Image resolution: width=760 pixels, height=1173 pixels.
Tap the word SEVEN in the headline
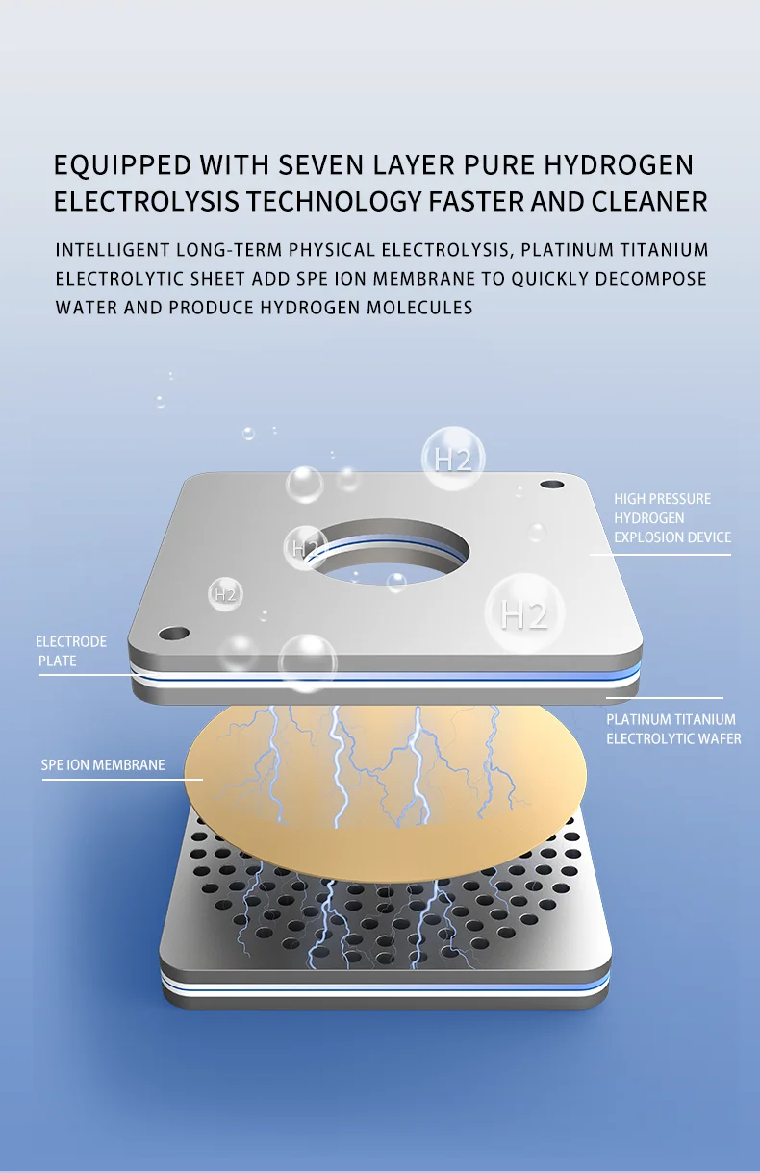point(321,164)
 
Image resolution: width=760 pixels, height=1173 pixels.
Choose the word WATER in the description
point(82,308)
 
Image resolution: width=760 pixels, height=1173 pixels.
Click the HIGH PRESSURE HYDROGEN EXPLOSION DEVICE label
point(671,518)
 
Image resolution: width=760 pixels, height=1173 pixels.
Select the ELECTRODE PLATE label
point(70,651)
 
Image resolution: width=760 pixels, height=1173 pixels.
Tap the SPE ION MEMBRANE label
point(102,765)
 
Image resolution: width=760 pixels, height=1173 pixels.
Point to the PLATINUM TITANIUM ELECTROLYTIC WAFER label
point(672,729)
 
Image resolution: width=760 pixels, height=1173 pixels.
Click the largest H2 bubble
point(524,613)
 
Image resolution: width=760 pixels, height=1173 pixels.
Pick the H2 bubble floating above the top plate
point(453,459)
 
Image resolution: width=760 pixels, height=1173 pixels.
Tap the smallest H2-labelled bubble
point(225,594)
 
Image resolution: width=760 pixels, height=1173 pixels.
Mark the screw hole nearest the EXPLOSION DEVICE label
point(550,485)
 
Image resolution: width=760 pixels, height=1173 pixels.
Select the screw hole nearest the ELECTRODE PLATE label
point(174,634)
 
